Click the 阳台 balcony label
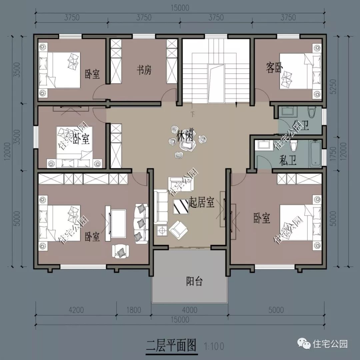pyautogui.click(x=194, y=282)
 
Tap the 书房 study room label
pyautogui.click(x=144, y=70)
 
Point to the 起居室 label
pyautogui.click(x=201, y=202)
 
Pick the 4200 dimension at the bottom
pyautogui.click(x=76, y=310)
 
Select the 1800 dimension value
pyautogui.click(x=134, y=310)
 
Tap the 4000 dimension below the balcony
pyautogui.click(x=190, y=310)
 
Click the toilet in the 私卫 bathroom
pyautogui.click(x=294, y=146)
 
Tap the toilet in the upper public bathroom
pyautogui.click(x=312, y=112)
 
